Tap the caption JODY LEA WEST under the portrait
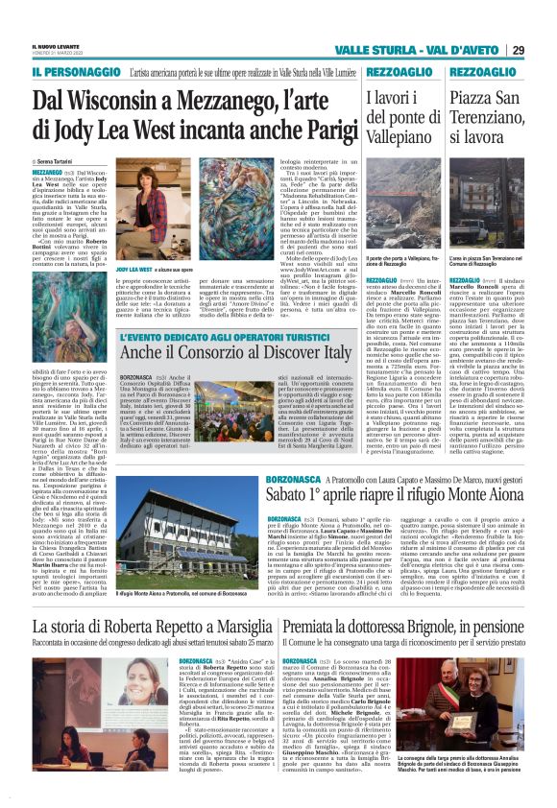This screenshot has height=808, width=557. coord(130,272)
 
